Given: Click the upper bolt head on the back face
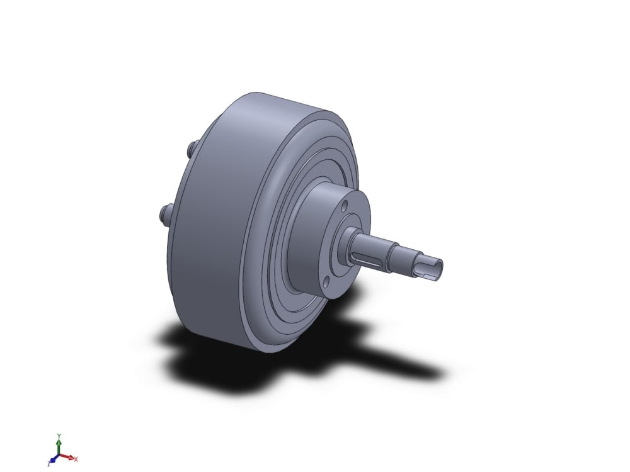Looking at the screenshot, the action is (x=192, y=148).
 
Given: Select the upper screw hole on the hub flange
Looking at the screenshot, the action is (x=345, y=207).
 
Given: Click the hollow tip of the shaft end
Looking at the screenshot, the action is (x=437, y=267).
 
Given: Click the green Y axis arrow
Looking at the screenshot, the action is (x=59, y=446).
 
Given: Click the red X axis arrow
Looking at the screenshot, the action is (x=66, y=457).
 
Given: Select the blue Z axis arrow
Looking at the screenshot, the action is (x=54, y=459).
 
